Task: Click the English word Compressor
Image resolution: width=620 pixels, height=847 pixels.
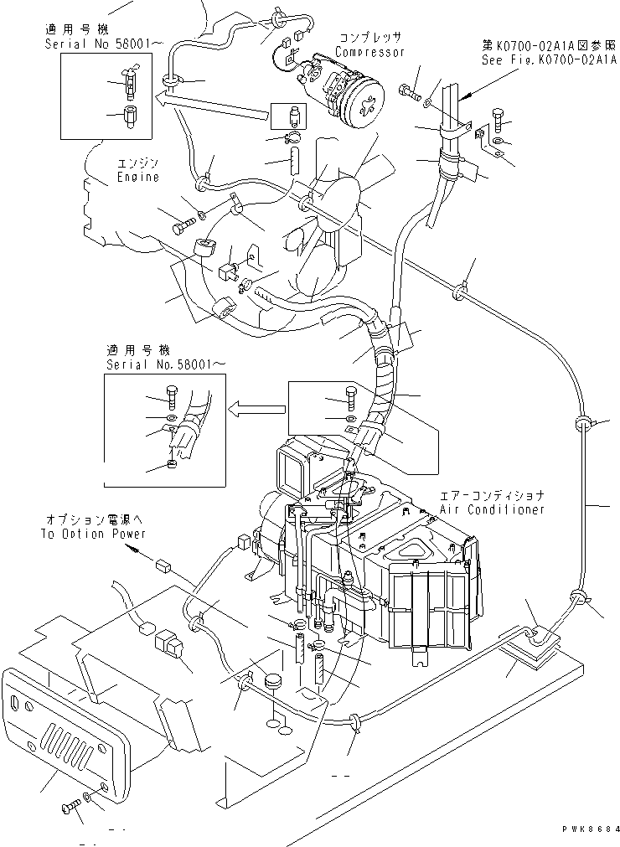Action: coord(369,52)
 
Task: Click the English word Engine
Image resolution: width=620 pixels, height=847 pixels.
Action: coord(137,178)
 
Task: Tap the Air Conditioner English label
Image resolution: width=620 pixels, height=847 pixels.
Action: coord(493,509)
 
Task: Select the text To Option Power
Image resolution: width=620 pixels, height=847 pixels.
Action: coord(93,534)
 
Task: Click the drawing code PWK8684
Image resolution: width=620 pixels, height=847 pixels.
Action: coord(592,827)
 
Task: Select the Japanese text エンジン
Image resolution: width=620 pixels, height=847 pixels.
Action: coord(138,164)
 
